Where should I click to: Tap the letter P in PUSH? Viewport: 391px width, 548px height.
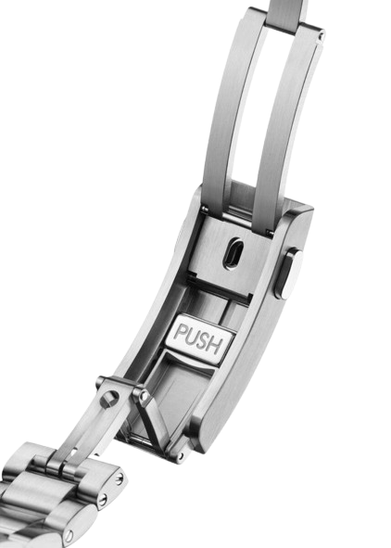tap(180, 332)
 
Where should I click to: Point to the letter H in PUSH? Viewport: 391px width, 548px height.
tap(214, 346)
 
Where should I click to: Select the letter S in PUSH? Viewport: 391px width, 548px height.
tap(203, 341)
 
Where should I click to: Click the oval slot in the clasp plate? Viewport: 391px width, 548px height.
tap(232, 253)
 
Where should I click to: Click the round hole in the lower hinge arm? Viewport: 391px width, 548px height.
tap(109, 399)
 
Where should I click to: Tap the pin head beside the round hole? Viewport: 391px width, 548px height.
tap(143, 395)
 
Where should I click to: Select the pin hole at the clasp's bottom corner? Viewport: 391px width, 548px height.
tap(180, 456)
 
